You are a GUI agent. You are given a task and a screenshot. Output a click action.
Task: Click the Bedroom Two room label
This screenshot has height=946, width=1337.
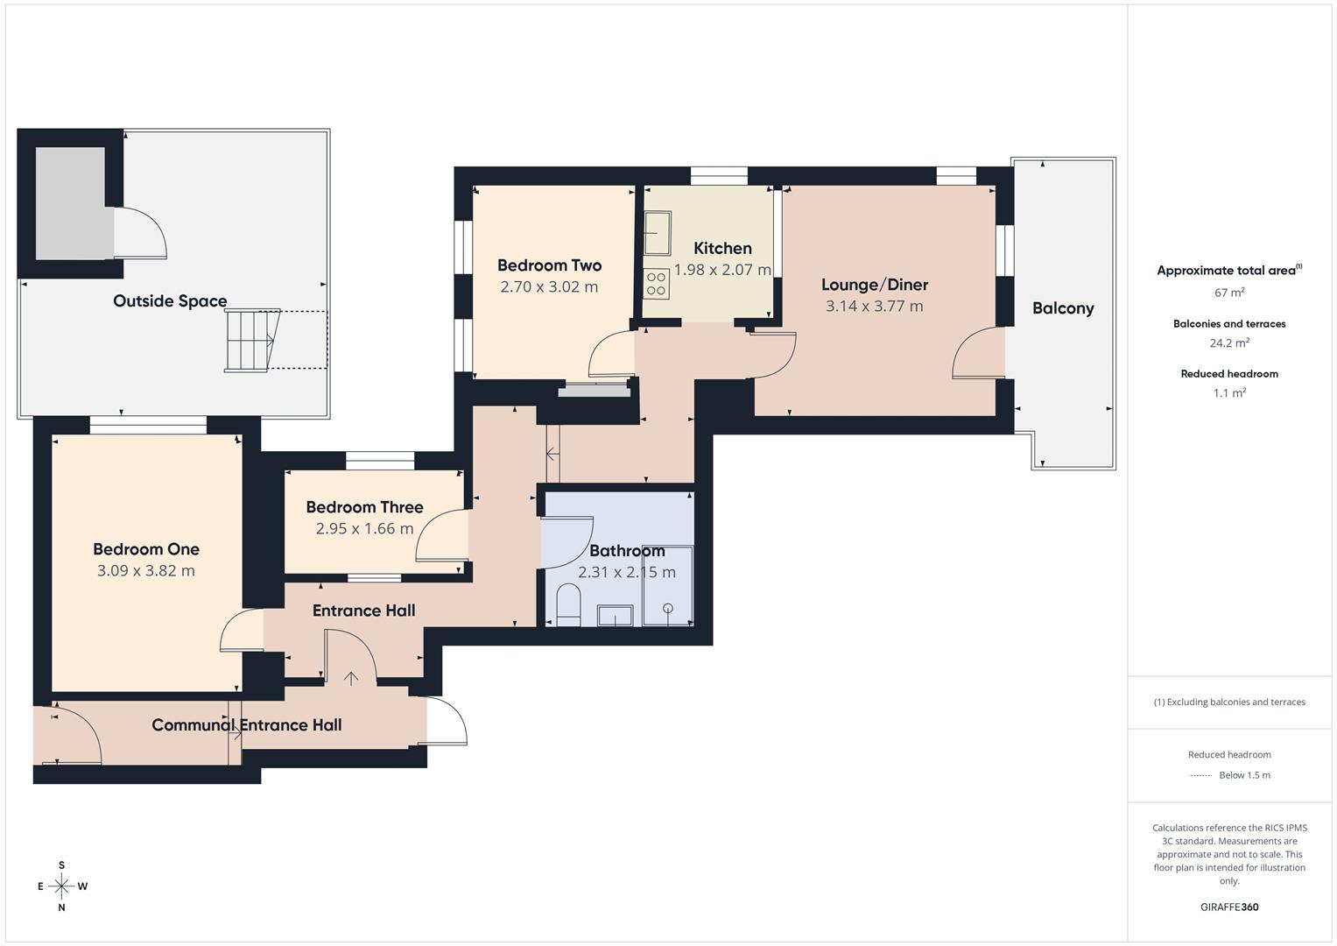(x=549, y=265)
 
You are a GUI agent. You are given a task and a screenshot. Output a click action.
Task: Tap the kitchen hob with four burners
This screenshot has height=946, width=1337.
(x=656, y=285)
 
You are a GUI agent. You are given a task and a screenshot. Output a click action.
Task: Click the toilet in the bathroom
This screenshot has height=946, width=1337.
(x=568, y=605)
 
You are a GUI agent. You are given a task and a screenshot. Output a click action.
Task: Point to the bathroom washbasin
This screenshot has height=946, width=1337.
(x=615, y=616)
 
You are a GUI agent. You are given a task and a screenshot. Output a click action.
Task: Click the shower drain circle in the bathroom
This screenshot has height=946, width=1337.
(x=668, y=608)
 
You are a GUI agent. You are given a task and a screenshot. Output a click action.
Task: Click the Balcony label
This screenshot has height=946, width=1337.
(x=1063, y=308)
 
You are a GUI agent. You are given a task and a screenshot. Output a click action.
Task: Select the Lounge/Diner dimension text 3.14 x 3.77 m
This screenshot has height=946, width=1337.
(x=874, y=306)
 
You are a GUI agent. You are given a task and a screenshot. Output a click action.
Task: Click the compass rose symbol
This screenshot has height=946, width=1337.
(x=61, y=886)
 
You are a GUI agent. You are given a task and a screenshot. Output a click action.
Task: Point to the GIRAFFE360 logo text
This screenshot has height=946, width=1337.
(x=1228, y=907)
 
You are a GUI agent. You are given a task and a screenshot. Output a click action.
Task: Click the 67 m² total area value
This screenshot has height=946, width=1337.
(x=1228, y=293)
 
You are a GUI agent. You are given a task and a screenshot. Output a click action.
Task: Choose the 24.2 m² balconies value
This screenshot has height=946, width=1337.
(x=1228, y=343)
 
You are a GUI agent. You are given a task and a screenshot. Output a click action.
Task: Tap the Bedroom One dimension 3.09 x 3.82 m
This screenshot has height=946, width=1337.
(x=145, y=571)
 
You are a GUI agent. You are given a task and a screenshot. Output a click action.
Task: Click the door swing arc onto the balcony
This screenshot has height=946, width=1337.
(x=975, y=355)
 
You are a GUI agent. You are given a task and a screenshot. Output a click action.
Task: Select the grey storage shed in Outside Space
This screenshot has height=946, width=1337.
(x=70, y=203)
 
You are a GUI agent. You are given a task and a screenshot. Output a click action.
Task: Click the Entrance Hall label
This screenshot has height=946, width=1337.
(x=363, y=611)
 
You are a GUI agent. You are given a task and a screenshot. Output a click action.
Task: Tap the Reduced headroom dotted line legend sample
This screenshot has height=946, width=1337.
(x=1200, y=775)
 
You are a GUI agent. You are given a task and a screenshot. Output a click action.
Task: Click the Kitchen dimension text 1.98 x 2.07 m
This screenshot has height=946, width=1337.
(x=722, y=270)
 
